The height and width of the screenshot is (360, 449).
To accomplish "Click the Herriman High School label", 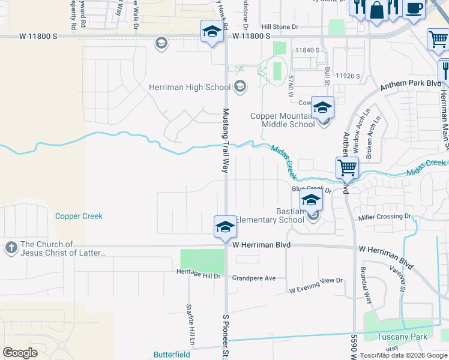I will pyautogui.click(x=189, y=87).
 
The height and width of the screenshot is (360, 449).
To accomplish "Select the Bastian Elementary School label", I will pyautogui.click(x=268, y=215).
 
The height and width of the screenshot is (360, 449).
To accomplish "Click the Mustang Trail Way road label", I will pyautogui.click(x=226, y=141).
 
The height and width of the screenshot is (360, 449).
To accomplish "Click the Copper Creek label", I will pyautogui.click(x=79, y=216).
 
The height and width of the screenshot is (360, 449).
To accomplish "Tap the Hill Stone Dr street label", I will pyautogui.click(x=280, y=27).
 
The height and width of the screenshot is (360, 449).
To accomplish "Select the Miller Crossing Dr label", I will pyautogui.click(x=384, y=216).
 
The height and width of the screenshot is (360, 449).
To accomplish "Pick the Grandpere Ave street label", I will pyautogui.click(x=254, y=278).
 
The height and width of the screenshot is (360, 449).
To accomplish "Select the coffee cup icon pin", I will pyautogui.click(x=414, y=8).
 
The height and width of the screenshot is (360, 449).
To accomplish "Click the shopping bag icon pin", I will pyautogui.click(x=376, y=10).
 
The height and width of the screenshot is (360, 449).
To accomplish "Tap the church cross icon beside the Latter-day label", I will pyautogui.click(x=11, y=248).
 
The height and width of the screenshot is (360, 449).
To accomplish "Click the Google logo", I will pyautogui.click(x=20, y=353).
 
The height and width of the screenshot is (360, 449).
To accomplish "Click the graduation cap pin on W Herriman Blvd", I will pyautogui.click(x=225, y=227).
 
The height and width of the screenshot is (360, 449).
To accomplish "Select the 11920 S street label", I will pyautogui.click(x=348, y=76).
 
